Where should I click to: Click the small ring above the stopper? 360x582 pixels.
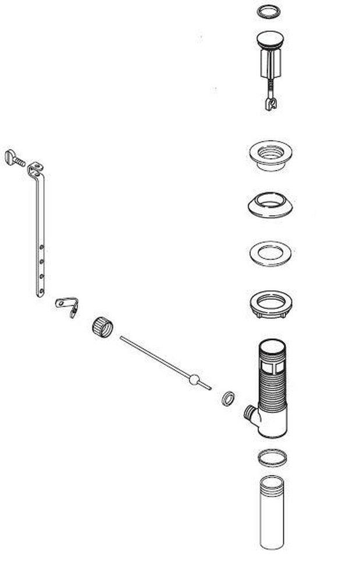269,11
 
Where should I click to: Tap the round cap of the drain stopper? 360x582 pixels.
269,39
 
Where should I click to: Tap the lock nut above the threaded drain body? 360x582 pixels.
269,304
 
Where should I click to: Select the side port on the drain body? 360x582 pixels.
249,414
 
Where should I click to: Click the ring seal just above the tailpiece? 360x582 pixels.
271,458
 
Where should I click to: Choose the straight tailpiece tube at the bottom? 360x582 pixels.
272,512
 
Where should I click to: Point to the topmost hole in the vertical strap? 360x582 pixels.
41,248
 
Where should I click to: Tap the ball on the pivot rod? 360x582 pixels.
194,380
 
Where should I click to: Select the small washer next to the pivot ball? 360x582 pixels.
228,398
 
